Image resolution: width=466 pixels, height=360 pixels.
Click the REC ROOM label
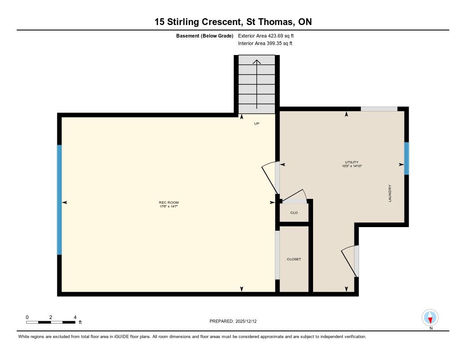coord(168,203)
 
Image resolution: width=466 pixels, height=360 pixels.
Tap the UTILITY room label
coord(352,162)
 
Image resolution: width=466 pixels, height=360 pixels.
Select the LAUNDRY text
coord(390,193)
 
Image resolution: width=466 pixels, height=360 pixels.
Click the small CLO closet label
coord(294,213)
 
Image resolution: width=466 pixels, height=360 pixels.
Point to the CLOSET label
coord(294,259)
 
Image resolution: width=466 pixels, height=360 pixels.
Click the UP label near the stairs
coord(257,123)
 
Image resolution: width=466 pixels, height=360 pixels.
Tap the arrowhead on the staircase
coord(257,62)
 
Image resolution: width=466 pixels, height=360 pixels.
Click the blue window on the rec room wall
coord(60,200)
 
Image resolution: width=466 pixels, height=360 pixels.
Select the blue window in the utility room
coord(406,158)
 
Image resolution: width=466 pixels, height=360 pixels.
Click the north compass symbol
coord(430,318)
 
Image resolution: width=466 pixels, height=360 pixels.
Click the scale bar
coord(51,322)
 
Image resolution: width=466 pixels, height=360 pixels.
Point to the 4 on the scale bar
coord(75,317)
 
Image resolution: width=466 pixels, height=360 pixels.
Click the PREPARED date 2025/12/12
coord(246,321)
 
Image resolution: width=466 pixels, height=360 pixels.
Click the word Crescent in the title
coord(221,22)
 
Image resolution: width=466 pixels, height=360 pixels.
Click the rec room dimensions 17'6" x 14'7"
coord(168,206)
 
